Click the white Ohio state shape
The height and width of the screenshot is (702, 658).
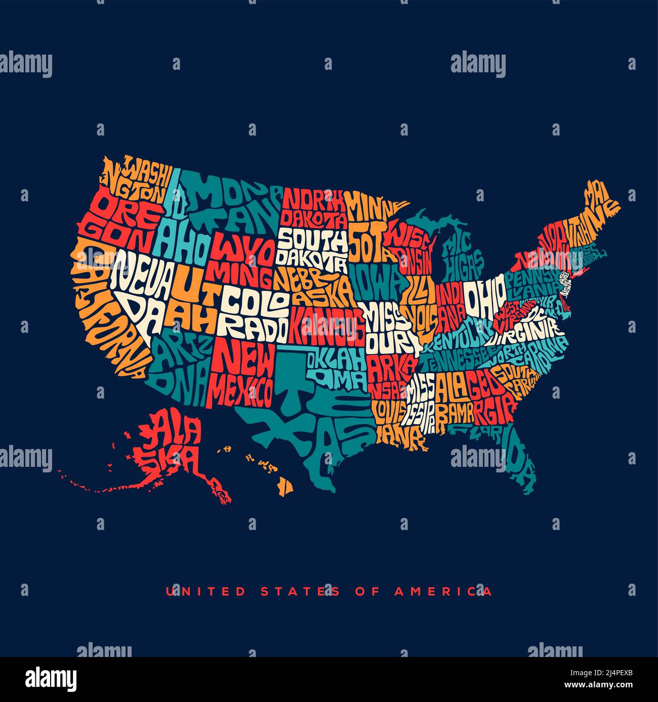(484, 297)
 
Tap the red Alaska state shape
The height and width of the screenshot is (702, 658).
(172, 445)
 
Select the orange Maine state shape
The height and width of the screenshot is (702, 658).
(600, 202)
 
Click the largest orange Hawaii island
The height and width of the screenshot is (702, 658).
(286, 487)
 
